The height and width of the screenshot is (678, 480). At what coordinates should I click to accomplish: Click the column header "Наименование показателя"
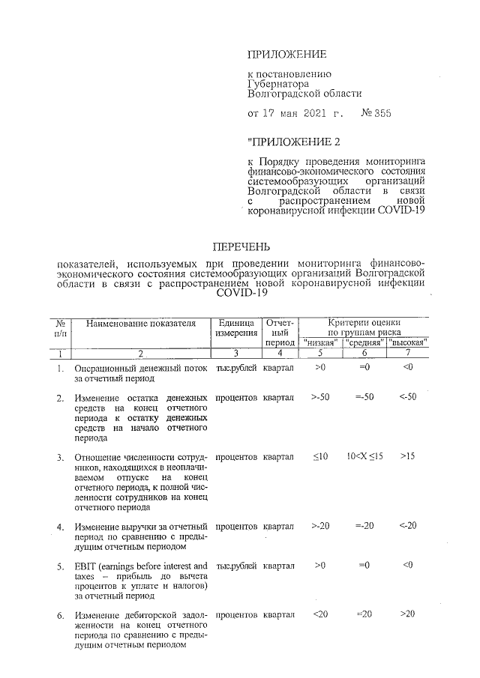(141, 324)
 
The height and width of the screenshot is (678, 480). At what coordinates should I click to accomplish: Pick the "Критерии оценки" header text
(364, 323)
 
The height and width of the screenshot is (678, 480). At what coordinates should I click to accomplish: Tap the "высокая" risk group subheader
(408, 342)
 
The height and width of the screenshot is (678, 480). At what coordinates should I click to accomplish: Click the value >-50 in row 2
(321, 396)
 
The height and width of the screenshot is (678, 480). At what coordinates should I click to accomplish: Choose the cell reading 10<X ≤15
(364, 456)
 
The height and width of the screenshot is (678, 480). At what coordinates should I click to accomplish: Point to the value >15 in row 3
(408, 455)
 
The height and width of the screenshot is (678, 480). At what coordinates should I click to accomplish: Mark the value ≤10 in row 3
(320, 455)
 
